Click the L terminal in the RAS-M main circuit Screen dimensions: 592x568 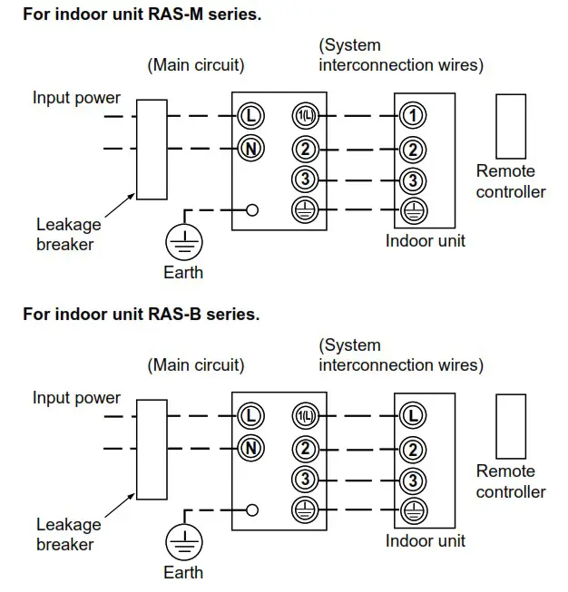click(251, 115)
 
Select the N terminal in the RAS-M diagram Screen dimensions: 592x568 click(251, 147)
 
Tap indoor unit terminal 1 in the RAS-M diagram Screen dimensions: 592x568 click(413, 115)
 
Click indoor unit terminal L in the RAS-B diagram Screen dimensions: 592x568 click(413, 416)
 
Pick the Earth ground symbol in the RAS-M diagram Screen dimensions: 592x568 click(184, 242)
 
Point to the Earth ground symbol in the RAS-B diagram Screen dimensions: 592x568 click(184, 542)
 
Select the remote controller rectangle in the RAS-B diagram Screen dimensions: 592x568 click(511, 425)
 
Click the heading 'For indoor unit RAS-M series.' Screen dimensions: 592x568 click(142, 15)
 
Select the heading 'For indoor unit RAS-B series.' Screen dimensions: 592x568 click(141, 315)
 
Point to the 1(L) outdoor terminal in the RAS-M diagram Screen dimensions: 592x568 click(305, 115)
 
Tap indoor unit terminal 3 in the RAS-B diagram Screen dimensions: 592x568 click(413, 480)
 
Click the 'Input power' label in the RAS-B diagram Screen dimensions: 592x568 click(76, 398)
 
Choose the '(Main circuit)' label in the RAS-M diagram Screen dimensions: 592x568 click(195, 65)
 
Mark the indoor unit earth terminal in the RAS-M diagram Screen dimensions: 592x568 click(413, 210)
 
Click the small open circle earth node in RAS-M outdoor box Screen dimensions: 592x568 click(252, 210)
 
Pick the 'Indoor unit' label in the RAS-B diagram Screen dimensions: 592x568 click(425, 541)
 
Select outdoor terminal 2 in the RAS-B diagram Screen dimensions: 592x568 click(305, 448)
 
